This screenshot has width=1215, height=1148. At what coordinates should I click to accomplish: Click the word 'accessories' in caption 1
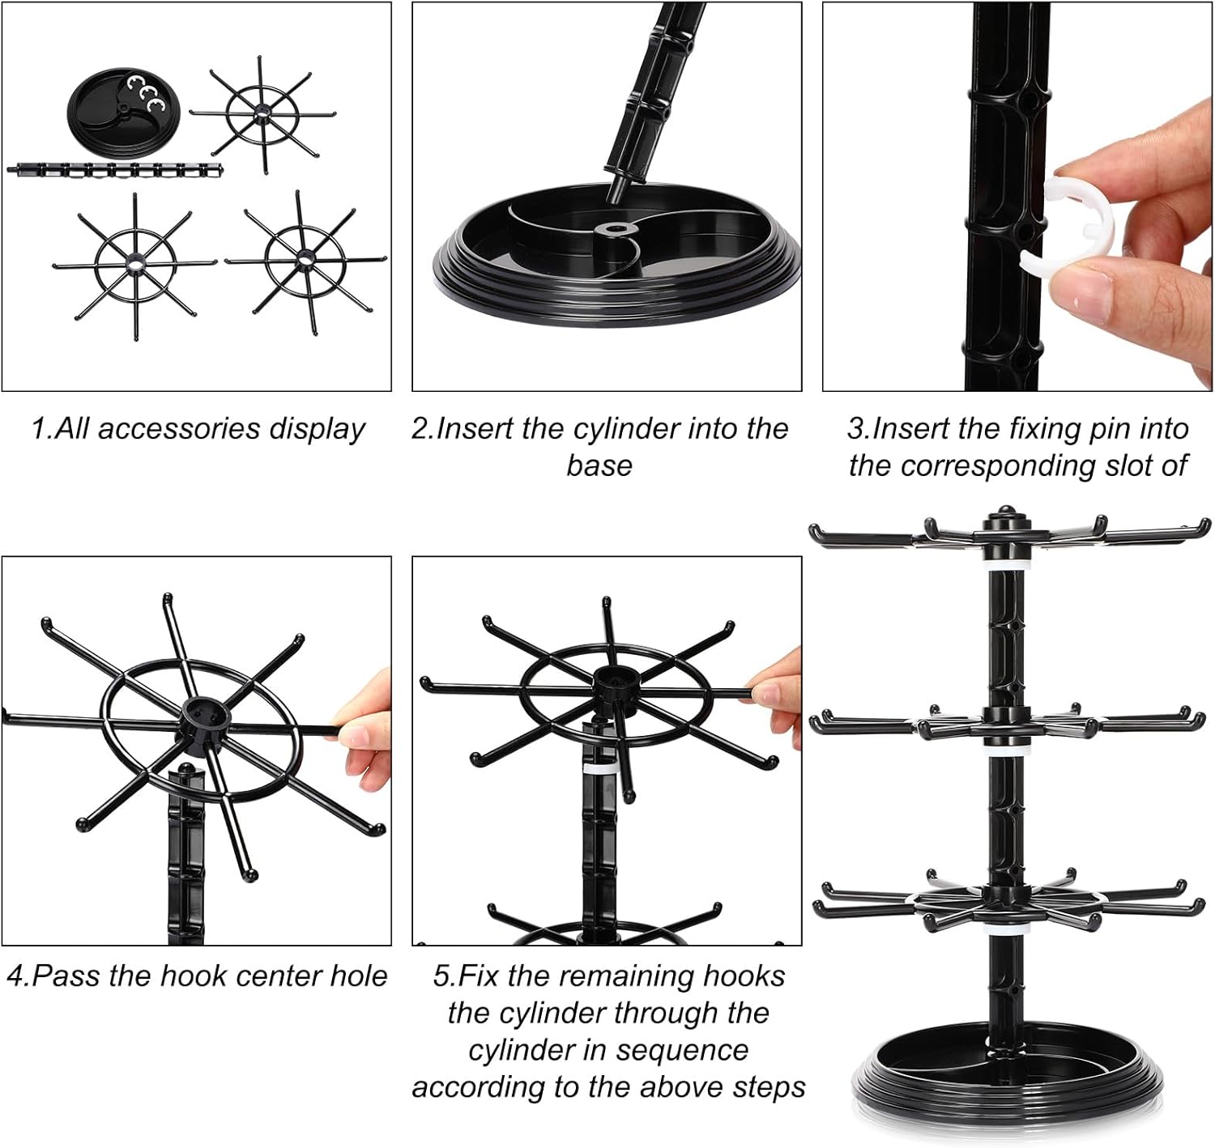point(178,428)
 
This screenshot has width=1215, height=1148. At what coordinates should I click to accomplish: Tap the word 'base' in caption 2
point(599,466)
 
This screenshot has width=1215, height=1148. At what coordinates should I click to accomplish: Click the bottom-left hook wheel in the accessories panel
point(134,264)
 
